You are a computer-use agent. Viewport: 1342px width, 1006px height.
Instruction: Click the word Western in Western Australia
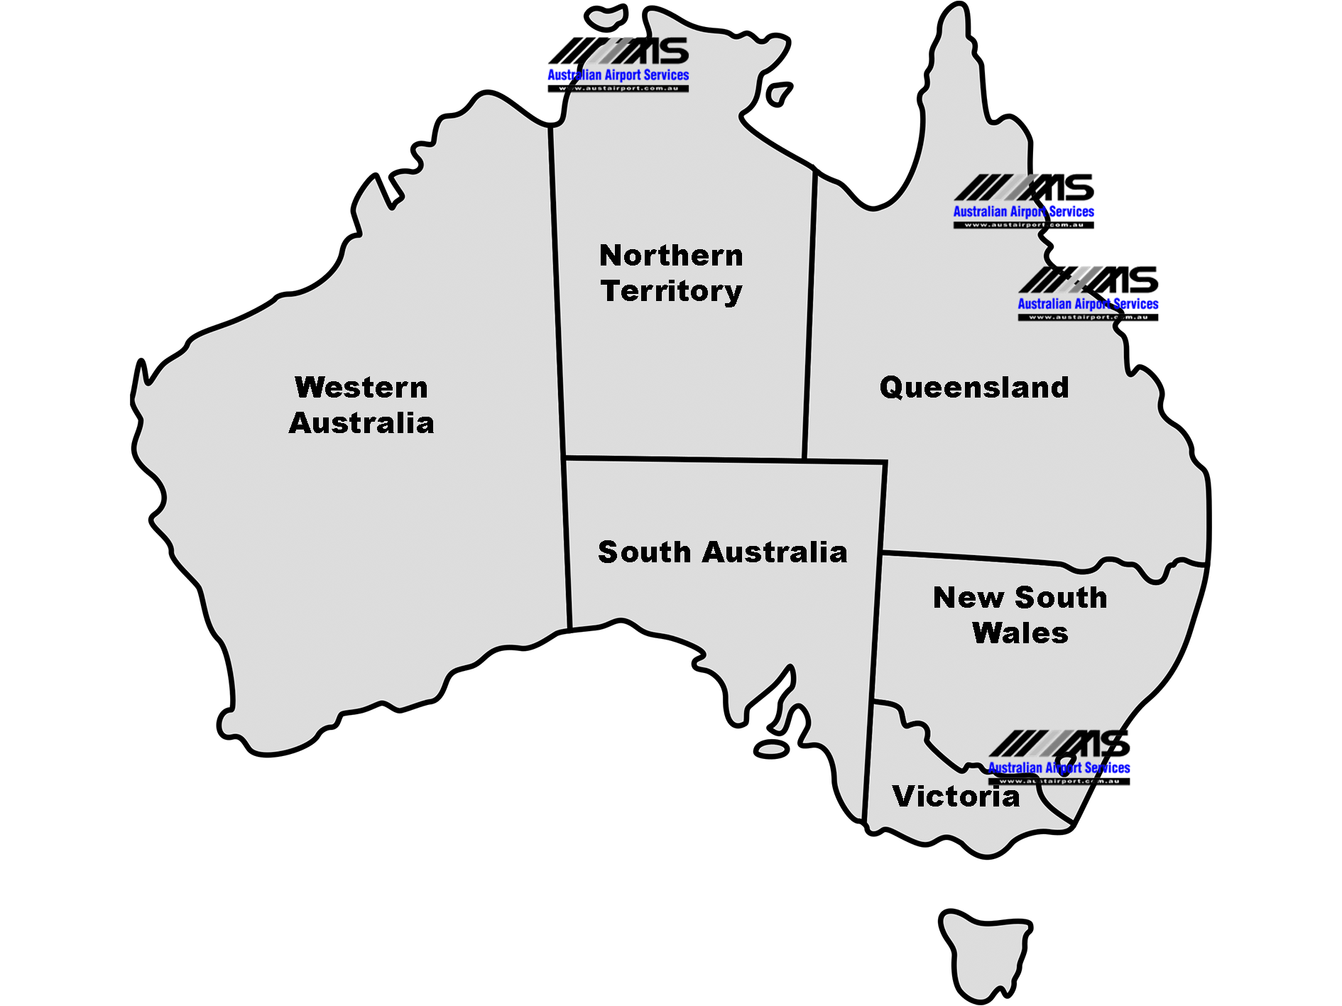(361, 388)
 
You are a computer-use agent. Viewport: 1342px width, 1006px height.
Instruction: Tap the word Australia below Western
(361, 423)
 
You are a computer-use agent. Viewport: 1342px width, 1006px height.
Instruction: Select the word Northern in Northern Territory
(671, 256)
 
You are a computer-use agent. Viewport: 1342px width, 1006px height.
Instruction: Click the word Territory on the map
(672, 291)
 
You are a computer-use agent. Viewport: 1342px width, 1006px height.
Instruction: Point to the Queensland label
(974, 388)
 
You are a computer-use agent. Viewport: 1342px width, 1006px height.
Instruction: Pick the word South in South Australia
(645, 552)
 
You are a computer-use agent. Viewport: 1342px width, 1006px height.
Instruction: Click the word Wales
(1020, 633)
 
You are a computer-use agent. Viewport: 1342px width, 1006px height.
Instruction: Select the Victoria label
(956, 797)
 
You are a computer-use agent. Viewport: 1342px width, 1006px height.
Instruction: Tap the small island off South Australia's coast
(772, 749)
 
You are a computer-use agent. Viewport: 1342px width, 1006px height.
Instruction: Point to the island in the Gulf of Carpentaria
(779, 94)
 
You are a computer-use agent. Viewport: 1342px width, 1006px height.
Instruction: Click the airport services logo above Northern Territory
(618, 65)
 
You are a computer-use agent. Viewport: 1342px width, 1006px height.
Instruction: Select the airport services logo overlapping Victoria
(1059, 757)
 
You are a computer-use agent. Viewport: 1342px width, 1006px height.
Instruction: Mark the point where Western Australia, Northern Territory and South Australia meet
(565, 457)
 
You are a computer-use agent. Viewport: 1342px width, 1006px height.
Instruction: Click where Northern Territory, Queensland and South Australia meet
(804, 460)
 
